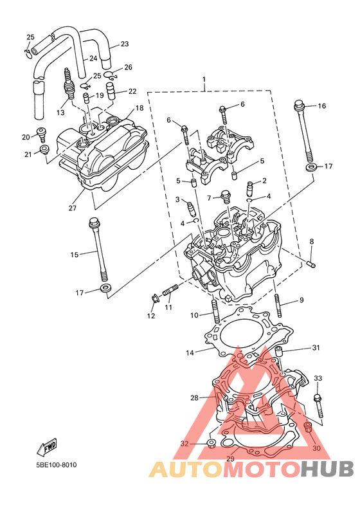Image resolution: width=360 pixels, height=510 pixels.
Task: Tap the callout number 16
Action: [321, 106]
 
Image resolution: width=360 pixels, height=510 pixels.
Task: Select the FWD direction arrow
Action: [47, 446]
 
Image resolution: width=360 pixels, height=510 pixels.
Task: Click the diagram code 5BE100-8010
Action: [57, 465]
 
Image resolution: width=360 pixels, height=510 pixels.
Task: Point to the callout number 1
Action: [204, 79]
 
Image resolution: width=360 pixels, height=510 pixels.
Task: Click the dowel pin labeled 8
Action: [311, 264]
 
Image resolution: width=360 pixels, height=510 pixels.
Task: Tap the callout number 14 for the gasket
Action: [190, 352]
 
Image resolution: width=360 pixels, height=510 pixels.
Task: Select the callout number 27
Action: [72, 208]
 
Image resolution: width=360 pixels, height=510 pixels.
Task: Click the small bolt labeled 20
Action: [42, 134]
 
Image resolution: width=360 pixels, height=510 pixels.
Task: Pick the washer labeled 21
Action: [44, 150]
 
